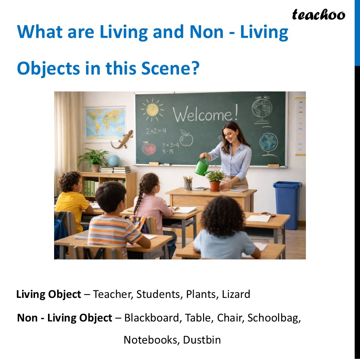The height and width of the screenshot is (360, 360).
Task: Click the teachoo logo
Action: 318,15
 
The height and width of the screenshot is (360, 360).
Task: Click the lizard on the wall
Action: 122,139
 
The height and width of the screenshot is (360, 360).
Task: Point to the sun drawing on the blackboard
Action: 152,109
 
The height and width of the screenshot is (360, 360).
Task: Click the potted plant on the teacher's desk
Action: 215,180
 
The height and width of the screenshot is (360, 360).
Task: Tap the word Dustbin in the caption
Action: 202,339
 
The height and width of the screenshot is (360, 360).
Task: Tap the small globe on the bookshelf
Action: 114,161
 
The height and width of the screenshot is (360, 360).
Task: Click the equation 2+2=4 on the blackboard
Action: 156,131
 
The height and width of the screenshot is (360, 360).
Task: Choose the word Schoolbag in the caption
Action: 274,317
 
